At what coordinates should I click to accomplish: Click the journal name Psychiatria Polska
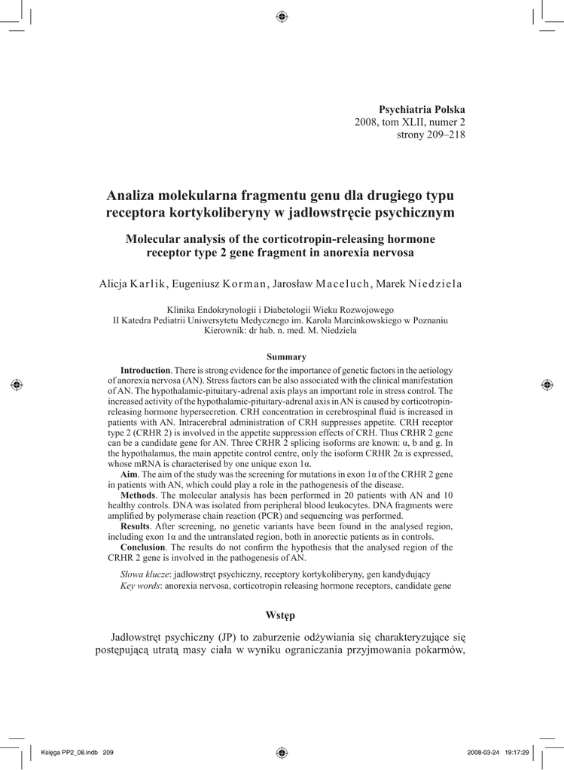pyautogui.click(x=422, y=109)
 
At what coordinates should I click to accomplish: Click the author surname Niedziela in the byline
pyautogui.click(x=434, y=283)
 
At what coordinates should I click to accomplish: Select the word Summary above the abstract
pyautogui.click(x=286, y=356)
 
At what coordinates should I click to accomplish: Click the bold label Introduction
pyautogui.click(x=145, y=370)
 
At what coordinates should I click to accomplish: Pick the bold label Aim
pyautogui.click(x=129, y=475)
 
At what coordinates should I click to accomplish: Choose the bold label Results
pyautogui.click(x=136, y=528)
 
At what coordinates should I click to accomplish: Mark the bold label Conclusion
pyautogui.click(x=143, y=548)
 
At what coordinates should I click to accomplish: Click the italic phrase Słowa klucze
pyautogui.click(x=145, y=574)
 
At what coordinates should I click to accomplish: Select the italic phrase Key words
pyautogui.click(x=139, y=585)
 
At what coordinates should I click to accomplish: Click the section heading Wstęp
pyautogui.click(x=281, y=616)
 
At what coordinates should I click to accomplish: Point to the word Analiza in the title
pyautogui.click(x=131, y=196)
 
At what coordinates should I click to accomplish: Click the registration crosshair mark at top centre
pyautogui.click(x=282, y=16)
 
